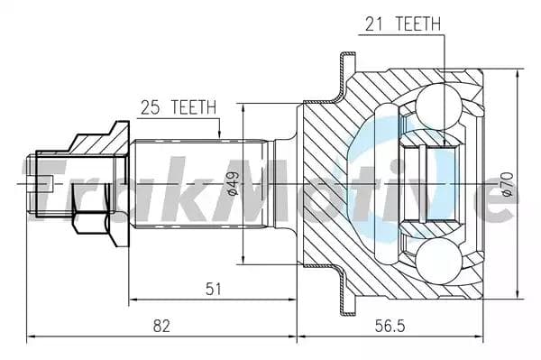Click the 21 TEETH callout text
403,23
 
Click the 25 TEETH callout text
179,107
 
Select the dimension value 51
213,289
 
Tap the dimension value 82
161,326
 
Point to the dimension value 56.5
390,326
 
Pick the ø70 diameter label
508,183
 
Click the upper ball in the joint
438,107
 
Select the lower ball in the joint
438,261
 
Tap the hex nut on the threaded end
91,223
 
